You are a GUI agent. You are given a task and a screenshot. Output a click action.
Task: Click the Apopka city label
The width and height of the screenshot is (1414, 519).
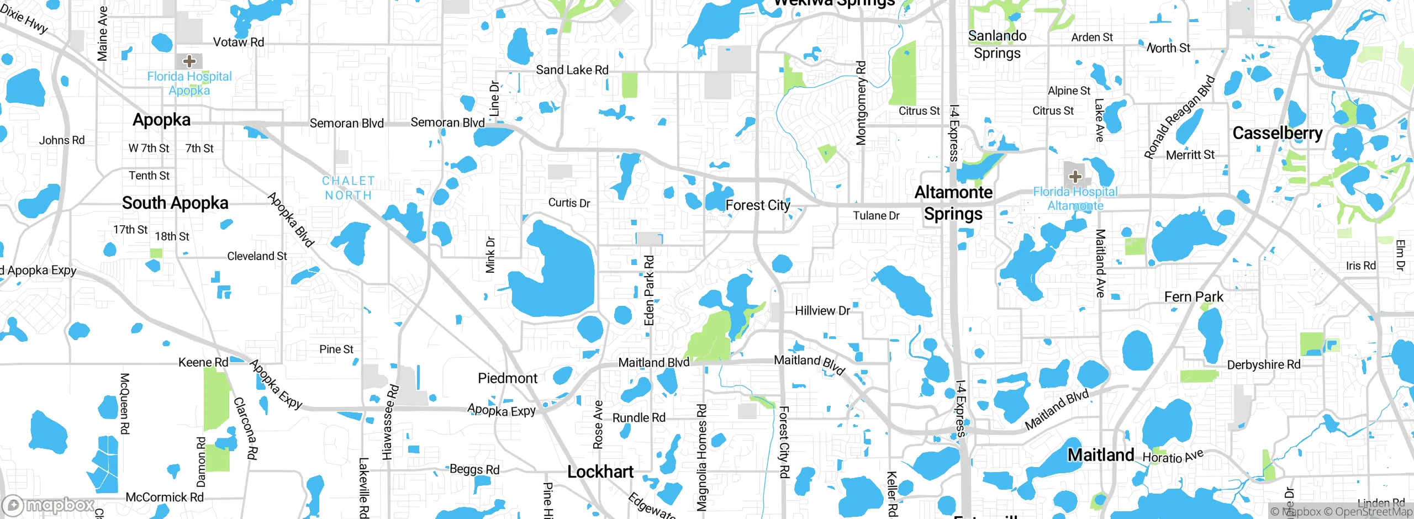point(161,120)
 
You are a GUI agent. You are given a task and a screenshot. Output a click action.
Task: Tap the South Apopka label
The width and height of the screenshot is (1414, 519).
point(175,203)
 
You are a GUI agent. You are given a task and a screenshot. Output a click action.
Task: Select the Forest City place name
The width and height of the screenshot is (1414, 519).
point(757,205)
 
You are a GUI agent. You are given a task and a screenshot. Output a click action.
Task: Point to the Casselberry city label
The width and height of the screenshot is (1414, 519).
point(1277,133)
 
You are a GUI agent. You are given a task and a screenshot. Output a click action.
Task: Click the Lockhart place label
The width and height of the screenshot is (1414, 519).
point(600,472)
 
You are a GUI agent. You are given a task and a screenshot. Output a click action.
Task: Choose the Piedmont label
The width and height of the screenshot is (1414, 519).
point(507,378)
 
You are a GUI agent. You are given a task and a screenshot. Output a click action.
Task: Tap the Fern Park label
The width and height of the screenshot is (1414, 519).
point(1193,297)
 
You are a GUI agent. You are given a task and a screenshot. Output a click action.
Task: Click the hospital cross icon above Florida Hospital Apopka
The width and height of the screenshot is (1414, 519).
point(189,61)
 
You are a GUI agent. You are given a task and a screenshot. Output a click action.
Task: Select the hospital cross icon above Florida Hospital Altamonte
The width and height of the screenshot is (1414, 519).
point(1075,177)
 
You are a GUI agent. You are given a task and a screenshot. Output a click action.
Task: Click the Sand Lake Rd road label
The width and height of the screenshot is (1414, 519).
point(572,70)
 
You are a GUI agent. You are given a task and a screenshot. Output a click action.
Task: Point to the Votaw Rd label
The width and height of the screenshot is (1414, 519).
point(239,43)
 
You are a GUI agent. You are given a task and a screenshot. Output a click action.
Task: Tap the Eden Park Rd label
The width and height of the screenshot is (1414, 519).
point(649,290)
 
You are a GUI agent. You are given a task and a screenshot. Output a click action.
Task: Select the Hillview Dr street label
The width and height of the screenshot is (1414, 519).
point(822,311)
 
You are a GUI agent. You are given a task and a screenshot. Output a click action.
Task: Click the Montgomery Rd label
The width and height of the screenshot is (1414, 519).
point(861,103)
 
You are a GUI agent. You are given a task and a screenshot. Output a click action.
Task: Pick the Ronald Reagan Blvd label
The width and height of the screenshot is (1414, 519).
point(1179,117)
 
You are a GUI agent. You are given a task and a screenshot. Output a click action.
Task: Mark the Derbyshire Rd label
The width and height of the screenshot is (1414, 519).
point(1263,365)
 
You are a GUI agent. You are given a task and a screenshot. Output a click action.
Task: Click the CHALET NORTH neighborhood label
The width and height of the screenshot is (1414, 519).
point(349,188)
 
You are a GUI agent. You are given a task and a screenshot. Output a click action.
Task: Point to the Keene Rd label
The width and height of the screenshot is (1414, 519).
point(203,362)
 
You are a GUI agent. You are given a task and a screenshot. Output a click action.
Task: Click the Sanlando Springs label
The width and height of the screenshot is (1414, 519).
point(997,44)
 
